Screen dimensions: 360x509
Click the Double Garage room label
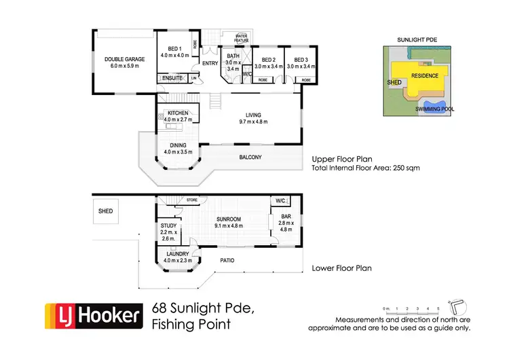click(122, 58)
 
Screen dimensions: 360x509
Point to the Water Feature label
click(242, 37)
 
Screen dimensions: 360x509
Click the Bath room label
click(233, 56)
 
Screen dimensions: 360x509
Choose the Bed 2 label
click(267, 59)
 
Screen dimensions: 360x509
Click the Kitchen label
click(178, 113)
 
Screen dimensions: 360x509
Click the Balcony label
click(250, 158)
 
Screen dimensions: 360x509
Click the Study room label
click(169, 226)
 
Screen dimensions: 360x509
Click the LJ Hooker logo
click(94, 315)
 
